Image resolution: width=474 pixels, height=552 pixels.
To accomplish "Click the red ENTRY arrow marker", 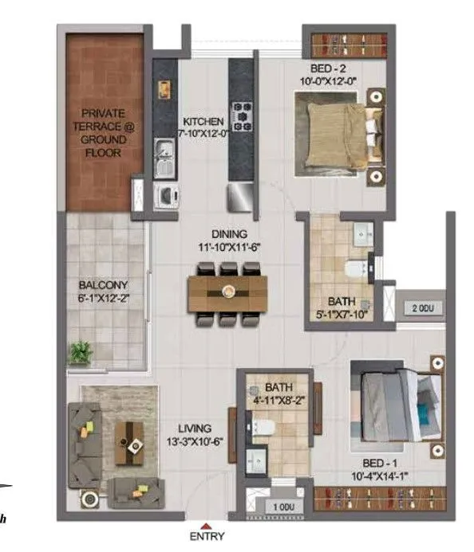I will coord(207,525).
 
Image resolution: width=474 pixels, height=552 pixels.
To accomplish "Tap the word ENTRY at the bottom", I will coord(207,537).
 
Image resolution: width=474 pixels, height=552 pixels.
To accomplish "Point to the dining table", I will coord(228,291).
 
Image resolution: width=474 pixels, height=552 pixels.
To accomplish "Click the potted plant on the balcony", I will coord(80,352).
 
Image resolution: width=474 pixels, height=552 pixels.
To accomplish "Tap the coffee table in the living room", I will coord(129,440).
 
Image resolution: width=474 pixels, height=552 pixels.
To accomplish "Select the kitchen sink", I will coord(165,151).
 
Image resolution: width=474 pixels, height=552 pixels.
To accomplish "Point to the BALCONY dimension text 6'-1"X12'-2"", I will coord(104,299).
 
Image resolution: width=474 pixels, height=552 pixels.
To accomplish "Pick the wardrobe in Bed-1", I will coord(379,497).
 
